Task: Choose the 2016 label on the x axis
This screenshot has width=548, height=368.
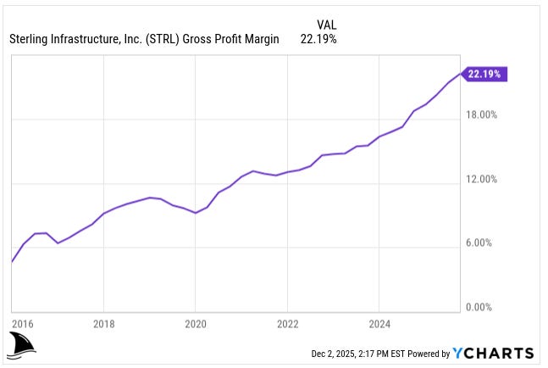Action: click(23, 323)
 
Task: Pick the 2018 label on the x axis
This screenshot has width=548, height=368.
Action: click(103, 323)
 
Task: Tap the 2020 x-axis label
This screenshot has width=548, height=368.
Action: click(196, 323)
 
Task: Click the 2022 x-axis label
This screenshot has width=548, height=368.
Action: click(288, 323)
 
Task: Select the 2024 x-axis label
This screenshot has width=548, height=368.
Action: click(380, 323)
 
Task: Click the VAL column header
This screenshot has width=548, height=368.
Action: click(326, 24)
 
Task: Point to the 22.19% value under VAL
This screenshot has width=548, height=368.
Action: click(318, 39)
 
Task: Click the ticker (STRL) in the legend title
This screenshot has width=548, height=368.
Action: click(161, 39)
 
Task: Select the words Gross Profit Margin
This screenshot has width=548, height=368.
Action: click(230, 39)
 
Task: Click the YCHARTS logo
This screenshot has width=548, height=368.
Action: click(494, 354)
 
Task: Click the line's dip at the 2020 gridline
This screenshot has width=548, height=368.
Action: click(196, 213)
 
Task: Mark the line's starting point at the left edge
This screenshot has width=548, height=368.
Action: click(11, 262)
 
